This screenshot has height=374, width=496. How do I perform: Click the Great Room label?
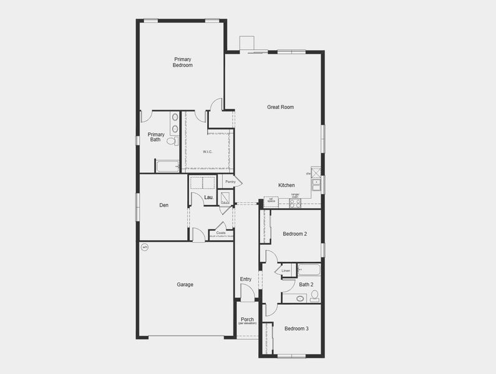(x=280, y=107)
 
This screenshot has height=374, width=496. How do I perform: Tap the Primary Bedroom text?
(x=183, y=62)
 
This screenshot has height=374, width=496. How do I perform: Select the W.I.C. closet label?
(x=208, y=152)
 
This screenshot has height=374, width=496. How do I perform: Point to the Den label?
(x=164, y=205)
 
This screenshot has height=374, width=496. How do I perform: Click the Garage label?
(x=185, y=285)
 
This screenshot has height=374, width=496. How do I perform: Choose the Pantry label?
(x=230, y=181)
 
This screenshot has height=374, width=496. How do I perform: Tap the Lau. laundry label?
(x=210, y=198)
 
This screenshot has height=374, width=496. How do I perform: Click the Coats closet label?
(x=221, y=233)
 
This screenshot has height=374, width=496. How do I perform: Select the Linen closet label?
(x=286, y=271)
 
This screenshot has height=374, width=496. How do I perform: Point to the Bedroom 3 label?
(x=296, y=328)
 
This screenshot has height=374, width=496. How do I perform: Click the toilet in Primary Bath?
(x=172, y=141)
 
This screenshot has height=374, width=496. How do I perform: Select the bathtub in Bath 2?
(x=309, y=270)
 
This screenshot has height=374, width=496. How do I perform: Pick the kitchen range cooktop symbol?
(x=294, y=203)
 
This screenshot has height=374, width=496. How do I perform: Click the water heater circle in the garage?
(x=145, y=247)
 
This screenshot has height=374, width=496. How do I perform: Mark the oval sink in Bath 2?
(x=300, y=299)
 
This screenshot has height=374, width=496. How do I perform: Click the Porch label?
(x=247, y=320)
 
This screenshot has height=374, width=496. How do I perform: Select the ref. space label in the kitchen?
(x=271, y=200)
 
